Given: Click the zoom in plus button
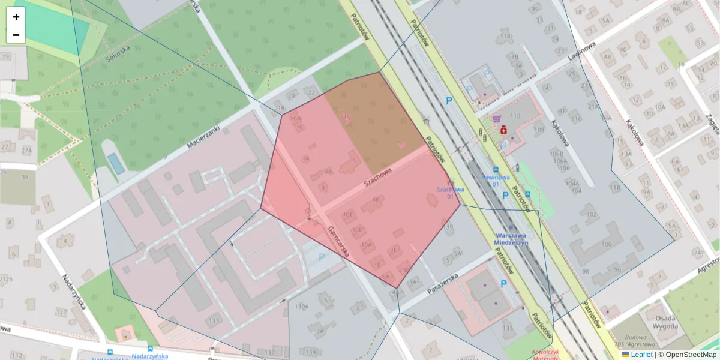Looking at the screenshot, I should [16, 17].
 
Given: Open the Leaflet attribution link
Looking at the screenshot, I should [641, 355].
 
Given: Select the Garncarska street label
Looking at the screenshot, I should [339, 242].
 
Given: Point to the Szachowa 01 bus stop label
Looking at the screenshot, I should [451, 193].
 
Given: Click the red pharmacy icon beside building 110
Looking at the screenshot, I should [504, 129].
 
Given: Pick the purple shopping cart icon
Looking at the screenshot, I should [496, 119].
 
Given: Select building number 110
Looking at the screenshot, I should [515, 116].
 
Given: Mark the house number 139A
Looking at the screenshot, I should [302, 307].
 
